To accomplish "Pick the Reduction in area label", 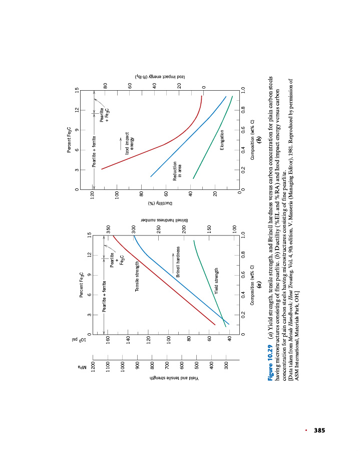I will [x=177, y=170].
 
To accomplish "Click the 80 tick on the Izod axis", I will [x=106, y=87].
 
